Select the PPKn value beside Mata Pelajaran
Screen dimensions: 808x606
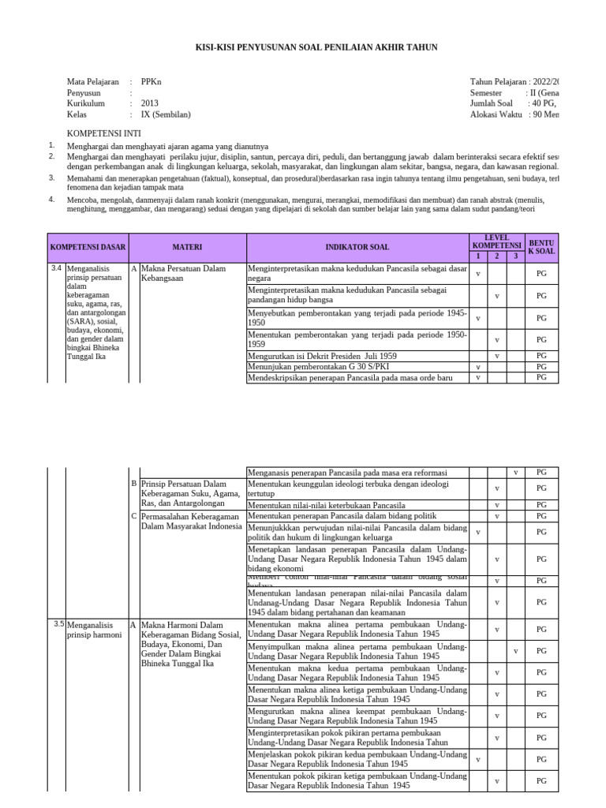(x=150, y=82)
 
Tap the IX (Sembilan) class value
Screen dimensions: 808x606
(x=166, y=114)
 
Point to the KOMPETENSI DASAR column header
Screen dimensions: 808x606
(x=88, y=247)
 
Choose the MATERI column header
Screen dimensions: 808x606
(x=188, y=247)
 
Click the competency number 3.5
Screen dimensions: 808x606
(x=58, y=624)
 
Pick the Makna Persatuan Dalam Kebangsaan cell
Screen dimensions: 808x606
(x=182, y=273)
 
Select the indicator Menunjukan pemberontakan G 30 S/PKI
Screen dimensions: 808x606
(x=323, y=367)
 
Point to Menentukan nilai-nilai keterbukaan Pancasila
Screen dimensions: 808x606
(x=327, y=505)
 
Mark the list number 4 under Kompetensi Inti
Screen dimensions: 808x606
(x=51, y=200)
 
